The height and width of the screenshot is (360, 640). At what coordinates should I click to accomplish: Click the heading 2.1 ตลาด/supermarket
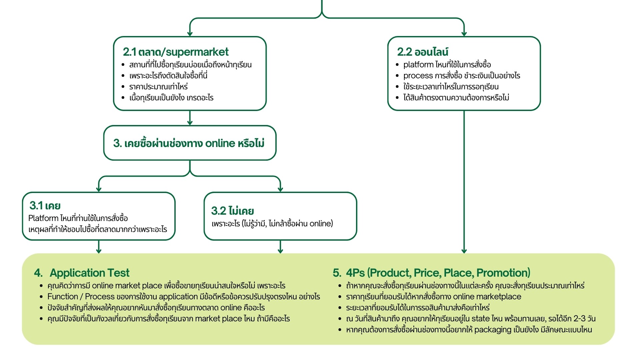click(176, 52)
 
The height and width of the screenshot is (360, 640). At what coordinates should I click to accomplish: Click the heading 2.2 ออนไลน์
click(422, 52)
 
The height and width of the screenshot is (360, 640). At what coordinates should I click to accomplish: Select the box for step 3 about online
click(190, 143)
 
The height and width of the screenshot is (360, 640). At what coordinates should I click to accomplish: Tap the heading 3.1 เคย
click(45, 206)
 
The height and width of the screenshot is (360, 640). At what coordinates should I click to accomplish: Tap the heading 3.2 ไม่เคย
click(232, 211)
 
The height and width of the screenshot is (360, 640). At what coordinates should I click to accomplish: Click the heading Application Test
click(89, 273)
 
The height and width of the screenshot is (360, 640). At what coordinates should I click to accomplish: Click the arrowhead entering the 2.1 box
click(190, 34)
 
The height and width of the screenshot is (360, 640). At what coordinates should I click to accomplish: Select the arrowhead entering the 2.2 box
click(464, 34)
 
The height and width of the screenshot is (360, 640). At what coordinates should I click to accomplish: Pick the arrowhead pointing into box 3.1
click(99, 189)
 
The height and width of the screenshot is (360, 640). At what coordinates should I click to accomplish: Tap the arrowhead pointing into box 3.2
click(280, 189)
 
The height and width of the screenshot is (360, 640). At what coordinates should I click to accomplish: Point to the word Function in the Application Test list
click(63, 297)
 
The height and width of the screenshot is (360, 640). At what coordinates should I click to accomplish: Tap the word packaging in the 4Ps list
click(493, 330)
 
